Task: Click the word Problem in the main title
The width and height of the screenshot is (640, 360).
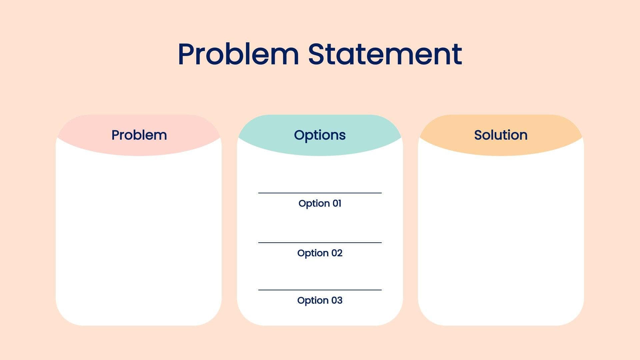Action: coord(238,54)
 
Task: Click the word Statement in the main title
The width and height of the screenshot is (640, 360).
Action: coord(385,54)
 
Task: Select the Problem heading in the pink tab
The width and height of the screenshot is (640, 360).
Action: coord(139,135)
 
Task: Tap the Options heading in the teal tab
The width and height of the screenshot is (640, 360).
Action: coord(320,135)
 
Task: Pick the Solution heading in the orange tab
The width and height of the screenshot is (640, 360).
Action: coord(501,135)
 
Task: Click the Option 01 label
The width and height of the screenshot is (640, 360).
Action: coord(320,203)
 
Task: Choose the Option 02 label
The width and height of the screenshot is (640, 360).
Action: coord(320,253)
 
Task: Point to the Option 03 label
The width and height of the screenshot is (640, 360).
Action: coord(320,300)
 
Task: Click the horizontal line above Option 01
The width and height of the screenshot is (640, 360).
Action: coord(320,193)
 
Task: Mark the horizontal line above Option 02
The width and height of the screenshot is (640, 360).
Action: coord(320,243)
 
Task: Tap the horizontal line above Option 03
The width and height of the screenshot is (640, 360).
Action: coord(320,290)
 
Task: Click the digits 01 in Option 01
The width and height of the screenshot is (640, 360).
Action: coord(337,203)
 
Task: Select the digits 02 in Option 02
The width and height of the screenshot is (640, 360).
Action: coord(337,253)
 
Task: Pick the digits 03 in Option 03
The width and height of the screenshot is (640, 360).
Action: coord(337,300)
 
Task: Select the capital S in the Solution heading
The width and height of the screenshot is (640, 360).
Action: coord(478,135)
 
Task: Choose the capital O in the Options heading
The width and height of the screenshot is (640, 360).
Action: coord(299,135)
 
